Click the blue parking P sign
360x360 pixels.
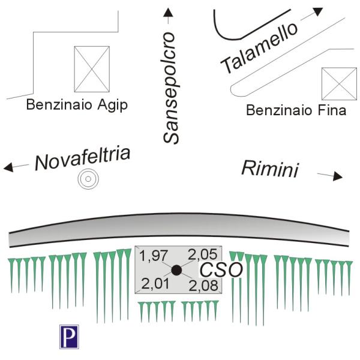[x=69, y=337]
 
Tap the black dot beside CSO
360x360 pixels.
[x=176, y=270]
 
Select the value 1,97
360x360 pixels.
[x=154, y=256]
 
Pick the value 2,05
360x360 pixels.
[x=203, y=254]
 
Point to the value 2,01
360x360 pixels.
[x=155, y=284]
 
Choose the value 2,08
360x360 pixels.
[x=203, y=286]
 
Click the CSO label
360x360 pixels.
[x=221, y=270]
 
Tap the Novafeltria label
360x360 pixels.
[x=82, y=159]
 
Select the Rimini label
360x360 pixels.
[x=270, y=169]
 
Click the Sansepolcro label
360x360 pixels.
[x=171, y=88]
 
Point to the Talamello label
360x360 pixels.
[x=259, y=48]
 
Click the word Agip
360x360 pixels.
[x=113, y=106]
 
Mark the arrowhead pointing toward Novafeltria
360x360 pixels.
[x=8, y=167]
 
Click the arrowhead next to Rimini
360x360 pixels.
[x=338, y=176]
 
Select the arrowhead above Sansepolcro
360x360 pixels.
[x=168, y=13]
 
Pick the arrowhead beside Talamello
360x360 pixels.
[x=318, y=11]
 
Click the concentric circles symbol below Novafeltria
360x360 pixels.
[x=88, y=179]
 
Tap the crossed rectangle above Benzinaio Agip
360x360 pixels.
[x=92, y=69]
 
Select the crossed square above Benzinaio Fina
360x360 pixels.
[x=340, y=84]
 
